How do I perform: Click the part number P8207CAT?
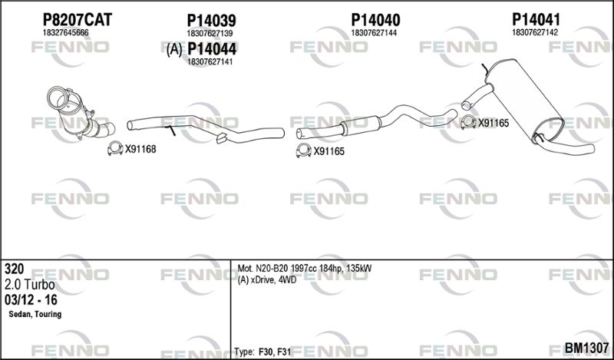point(78,20)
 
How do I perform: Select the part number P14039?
point(212,21)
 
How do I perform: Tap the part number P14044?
point(212,49)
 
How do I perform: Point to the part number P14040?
point(375,20)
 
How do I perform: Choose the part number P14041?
point(536,19)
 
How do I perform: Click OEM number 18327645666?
point(65,33)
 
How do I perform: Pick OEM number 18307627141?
point(210,61)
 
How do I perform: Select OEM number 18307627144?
point(374,33)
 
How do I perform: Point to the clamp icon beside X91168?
point(115,148)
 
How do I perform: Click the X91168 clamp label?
point(140,149)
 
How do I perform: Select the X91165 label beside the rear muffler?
point(494,123)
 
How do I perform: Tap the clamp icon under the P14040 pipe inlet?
point(303,150)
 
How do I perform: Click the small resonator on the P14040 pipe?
point(360,126)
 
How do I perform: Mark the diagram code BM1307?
point(586,347)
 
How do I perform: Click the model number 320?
point(14,269)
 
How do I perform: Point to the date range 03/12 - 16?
point(31,300)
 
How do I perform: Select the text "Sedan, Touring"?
point(35,314)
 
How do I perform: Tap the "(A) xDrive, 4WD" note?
point(266,279)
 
